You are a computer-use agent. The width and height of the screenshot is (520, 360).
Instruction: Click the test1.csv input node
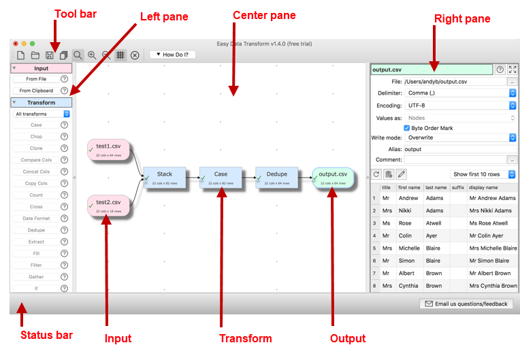point(108,150)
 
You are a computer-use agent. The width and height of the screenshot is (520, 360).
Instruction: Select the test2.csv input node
point(108,206)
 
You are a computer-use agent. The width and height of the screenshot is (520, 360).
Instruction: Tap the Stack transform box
point(164,178)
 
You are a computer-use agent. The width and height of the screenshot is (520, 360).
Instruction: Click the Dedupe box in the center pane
point(276,178)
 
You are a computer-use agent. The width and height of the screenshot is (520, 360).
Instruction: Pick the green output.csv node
point(333,178)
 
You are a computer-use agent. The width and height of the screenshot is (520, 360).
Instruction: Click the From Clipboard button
point(36,91)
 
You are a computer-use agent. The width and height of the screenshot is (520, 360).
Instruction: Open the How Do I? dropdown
point(172,54)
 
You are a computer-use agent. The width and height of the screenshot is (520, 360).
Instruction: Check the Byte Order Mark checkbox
point(407,128)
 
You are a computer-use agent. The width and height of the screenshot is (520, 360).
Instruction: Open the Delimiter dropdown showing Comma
point(460,93)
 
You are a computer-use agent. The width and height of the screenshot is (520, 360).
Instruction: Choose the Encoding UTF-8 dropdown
point(460,105)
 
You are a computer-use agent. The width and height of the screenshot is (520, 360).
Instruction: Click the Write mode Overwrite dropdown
point(460,137)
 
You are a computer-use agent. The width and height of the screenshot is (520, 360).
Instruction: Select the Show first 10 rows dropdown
point(483,174)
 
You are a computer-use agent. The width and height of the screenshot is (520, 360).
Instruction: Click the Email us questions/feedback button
point(466,304)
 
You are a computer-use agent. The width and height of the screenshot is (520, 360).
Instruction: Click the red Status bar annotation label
point(46,335)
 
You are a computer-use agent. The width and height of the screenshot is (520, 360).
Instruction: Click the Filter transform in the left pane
point(36,265)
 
